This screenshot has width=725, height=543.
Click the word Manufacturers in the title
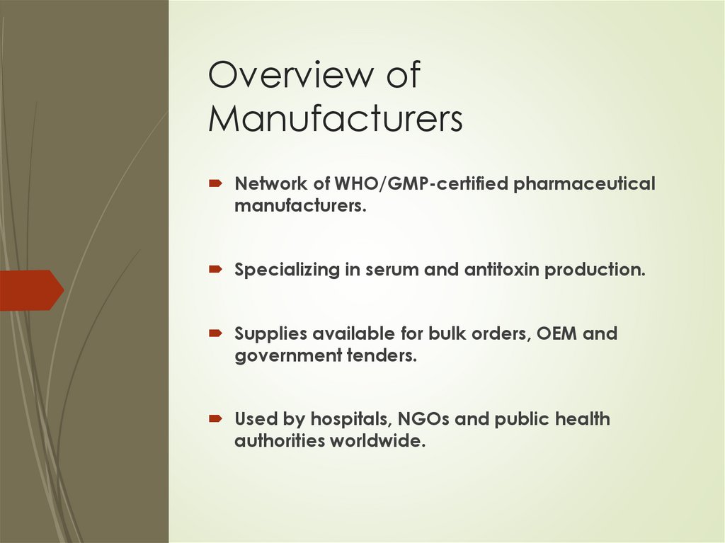(x=335, y=118)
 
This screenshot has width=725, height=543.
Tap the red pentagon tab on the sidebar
(x=32, y=290)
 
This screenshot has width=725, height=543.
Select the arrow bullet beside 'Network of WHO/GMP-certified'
(x=216, y=184)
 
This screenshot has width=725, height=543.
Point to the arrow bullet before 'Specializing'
(x=216, y=270)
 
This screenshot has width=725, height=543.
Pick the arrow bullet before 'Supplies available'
(x=216, y=333)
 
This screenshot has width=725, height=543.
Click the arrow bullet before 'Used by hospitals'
(x=216, y=419)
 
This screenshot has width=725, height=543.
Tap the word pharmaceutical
(x=584, y=184)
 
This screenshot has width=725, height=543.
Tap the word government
(x=285, y=355)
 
